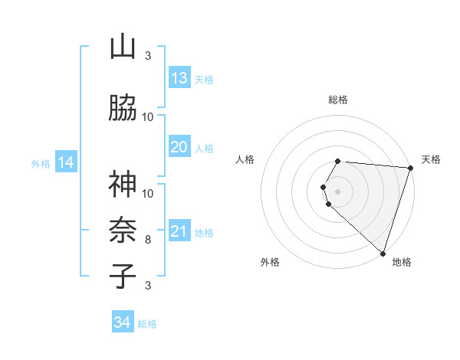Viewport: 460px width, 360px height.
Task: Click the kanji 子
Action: (x=123, y=277)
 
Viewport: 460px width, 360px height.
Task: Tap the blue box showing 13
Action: (x=179, y=78)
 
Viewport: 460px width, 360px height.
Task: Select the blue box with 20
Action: (x=179, y=147)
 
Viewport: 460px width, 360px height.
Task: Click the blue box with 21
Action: (x=179, y=231)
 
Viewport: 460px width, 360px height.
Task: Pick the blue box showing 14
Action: (x=65, y=162)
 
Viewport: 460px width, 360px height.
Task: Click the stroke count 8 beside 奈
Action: (x=148, y=240)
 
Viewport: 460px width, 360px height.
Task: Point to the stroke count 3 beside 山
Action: (x=148, y=56)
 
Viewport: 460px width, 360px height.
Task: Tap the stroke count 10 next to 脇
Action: (x=148, y=117)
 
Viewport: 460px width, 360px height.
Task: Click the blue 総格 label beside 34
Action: (x=147, y=325)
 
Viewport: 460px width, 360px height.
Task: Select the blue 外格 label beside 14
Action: (x=41, y=163)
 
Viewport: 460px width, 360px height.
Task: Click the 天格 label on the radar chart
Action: (x=431, y=159)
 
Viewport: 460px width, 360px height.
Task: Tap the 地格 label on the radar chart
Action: (x=402, y=263)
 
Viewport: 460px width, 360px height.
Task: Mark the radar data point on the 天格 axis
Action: (x=410, y=167)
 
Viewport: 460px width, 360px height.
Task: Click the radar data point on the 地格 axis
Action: (x=383, y=253)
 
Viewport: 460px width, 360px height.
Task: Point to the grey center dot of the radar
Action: (x=337, y=191)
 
